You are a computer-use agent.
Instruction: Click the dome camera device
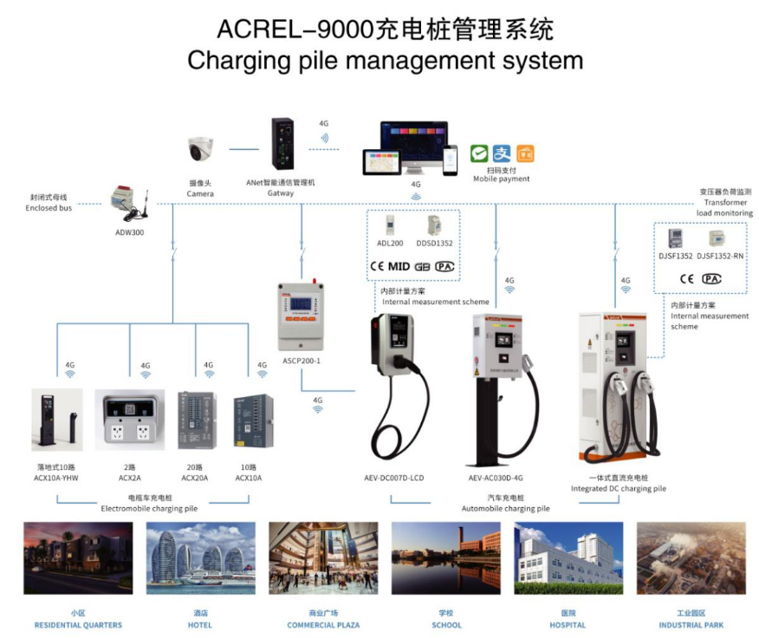(x=200, y=150)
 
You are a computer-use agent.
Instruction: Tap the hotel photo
(x=201, y=558)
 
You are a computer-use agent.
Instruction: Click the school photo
(x=446, y=558)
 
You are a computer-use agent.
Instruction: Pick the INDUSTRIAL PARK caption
(x=691, y=625)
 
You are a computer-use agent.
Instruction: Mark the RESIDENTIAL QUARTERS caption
(x=78, y=625)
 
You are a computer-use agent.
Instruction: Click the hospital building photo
(x=568, y=558)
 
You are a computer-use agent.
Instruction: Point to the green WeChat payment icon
(x=479, y=153)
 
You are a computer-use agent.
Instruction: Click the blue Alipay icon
(x=502, y=153)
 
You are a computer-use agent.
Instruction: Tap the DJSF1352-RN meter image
(x=718, y=239)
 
